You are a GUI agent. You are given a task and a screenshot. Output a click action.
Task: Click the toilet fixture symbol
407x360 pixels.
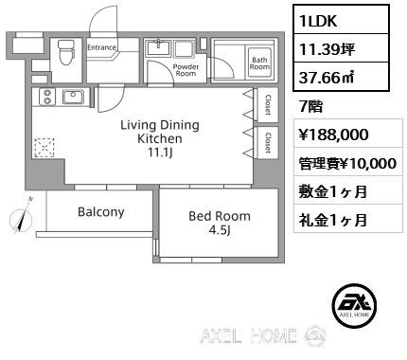pyautogui.click(x=66, y=52)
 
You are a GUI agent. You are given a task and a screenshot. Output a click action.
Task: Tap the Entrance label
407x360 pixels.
pyautogui.click(x=101, y=47)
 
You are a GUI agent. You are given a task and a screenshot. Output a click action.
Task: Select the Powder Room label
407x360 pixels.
pyautogui.click(x=186, y=70)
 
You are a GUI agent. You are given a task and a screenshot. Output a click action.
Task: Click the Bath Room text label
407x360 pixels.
pyautogui.click(x=259, y=63)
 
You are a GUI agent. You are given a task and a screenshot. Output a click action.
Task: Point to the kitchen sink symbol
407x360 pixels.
pyautogui.click(x=73, y=97)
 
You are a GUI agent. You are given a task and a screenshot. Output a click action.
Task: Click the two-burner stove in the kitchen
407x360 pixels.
pyautogui.click(x=47, y=97)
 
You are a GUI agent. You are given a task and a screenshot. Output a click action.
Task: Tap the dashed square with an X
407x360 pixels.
pyautogui.click(x=44, y=148)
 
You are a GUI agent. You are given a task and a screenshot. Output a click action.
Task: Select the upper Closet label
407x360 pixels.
pyautogui.click(x=268, y=105)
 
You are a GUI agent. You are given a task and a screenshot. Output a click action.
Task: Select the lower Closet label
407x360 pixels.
pyautogui.click(x=268, y=142)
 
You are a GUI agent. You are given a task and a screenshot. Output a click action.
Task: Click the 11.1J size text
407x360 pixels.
pyautogui.click(x=160, y=153)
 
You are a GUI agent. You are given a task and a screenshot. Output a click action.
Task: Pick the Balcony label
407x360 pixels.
pyautogui.click(x=101, y=212)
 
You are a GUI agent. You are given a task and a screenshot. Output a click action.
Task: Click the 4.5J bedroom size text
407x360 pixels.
pyautogui.click(x=220, y=230)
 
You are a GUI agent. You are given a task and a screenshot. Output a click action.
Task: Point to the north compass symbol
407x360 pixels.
pyautogui.click(x=22, y=218)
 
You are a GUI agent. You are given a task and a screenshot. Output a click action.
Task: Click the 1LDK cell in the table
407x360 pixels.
pyautogui.click(x=341, y=19)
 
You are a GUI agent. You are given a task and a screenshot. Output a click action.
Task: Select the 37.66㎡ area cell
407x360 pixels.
pyautogui.click(x=341, y=77)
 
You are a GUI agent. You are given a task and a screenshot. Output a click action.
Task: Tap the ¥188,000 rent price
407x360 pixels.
pyautogui.click(x=334, y=135)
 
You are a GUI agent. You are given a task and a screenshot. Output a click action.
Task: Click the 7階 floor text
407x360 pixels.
pyautogui.click(x=311, y=106)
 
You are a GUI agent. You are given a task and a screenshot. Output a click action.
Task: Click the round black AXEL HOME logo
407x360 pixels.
pyautogui.click(x=354, y=305)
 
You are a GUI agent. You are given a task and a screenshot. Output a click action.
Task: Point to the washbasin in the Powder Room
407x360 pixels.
pyautogui.click(x=158, y=48)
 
